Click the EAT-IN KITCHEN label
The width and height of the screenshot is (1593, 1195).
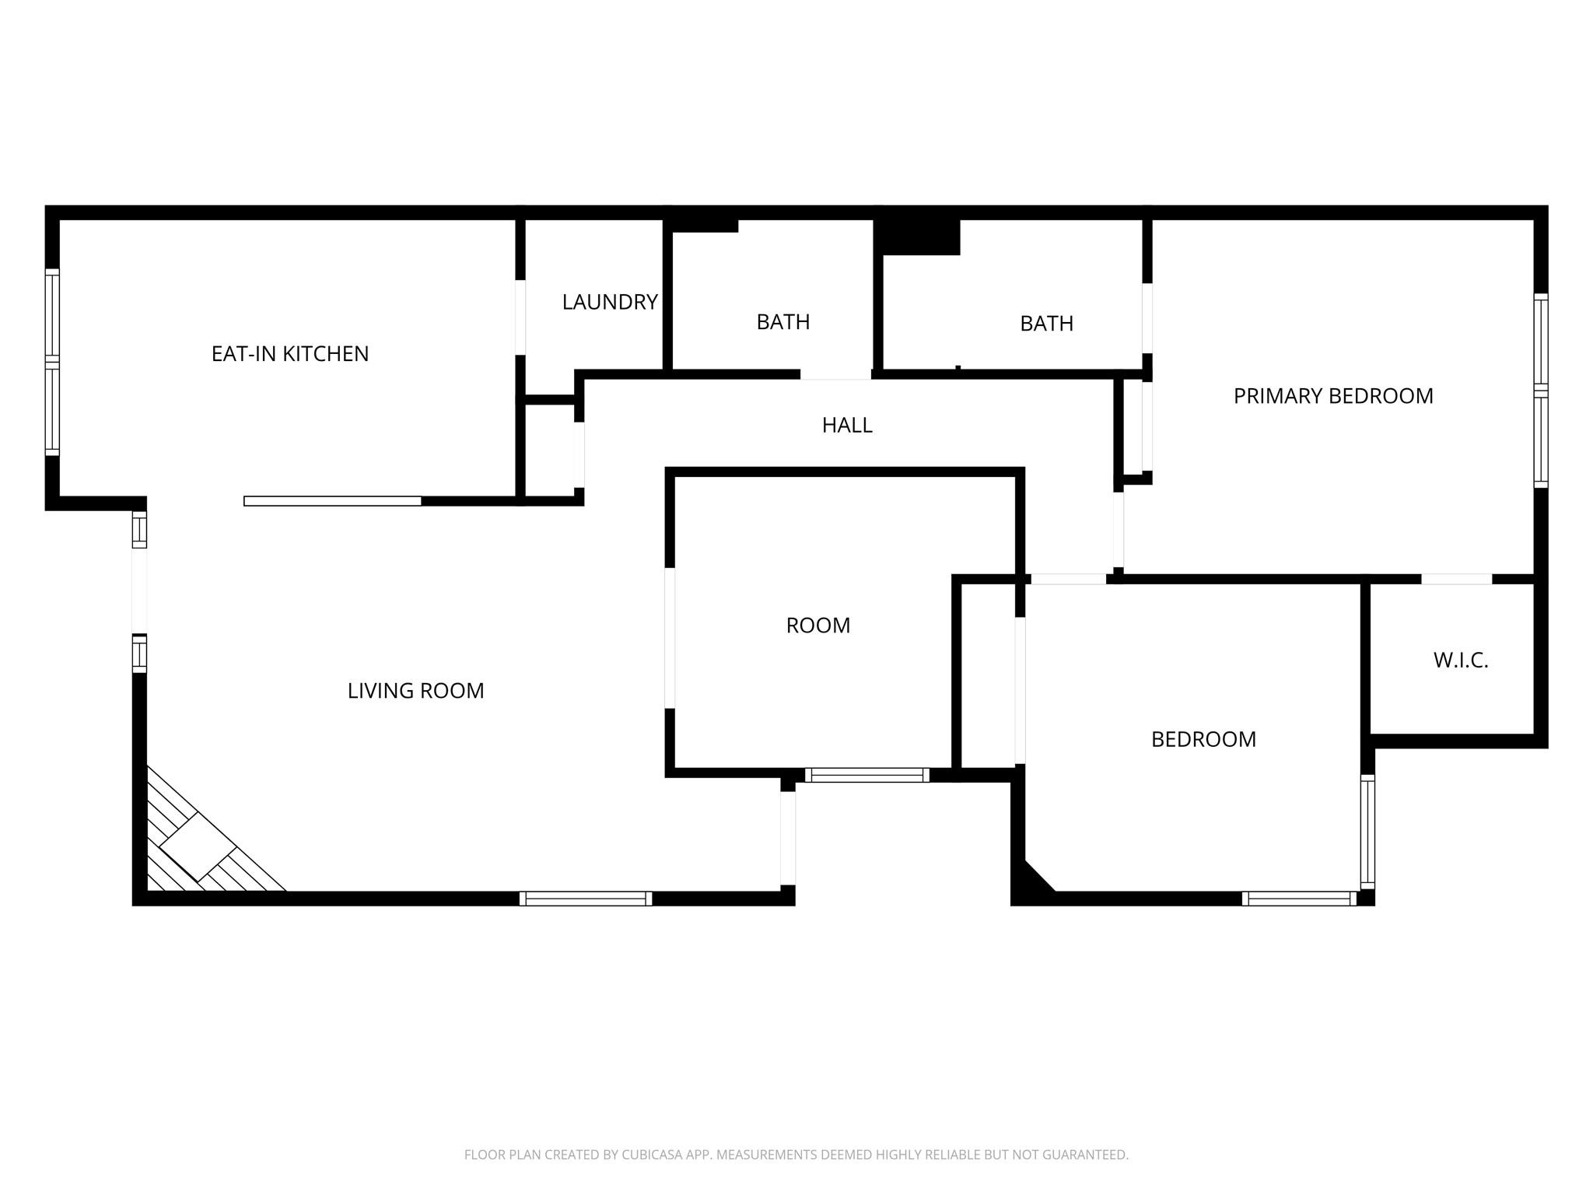(x=290, y=354)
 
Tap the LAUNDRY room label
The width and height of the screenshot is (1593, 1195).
(x=610, y=302)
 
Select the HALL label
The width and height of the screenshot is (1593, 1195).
(x=847, y=425)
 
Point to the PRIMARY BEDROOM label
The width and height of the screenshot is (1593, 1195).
(x=1333, y=396)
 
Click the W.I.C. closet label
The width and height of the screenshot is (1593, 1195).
(x=1461, y=661)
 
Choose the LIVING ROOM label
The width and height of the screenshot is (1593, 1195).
(x=415, y=691)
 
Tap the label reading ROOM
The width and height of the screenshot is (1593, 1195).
(x=818, y=626)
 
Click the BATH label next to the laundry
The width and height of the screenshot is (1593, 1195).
(x=783, y=322)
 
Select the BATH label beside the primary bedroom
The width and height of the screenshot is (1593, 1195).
(x=1047, y=324)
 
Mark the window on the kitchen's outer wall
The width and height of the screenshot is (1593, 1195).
(x=52, y=362)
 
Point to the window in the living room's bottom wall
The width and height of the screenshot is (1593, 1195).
(x=586, y=899)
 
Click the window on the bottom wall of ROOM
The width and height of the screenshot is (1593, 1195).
(x=867, y=775)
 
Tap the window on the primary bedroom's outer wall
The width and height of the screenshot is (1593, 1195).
(x=1541, y=391)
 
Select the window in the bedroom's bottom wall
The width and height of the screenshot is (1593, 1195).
(x=1299, y=899)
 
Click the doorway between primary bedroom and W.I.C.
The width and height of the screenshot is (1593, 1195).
(x=1457, y=579)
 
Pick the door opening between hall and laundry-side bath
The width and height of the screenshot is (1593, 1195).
(x=835, y=374)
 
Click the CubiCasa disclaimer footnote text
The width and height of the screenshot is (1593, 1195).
(x=796, y=1155)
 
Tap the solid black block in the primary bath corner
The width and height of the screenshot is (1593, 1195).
(x=917, y=237)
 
